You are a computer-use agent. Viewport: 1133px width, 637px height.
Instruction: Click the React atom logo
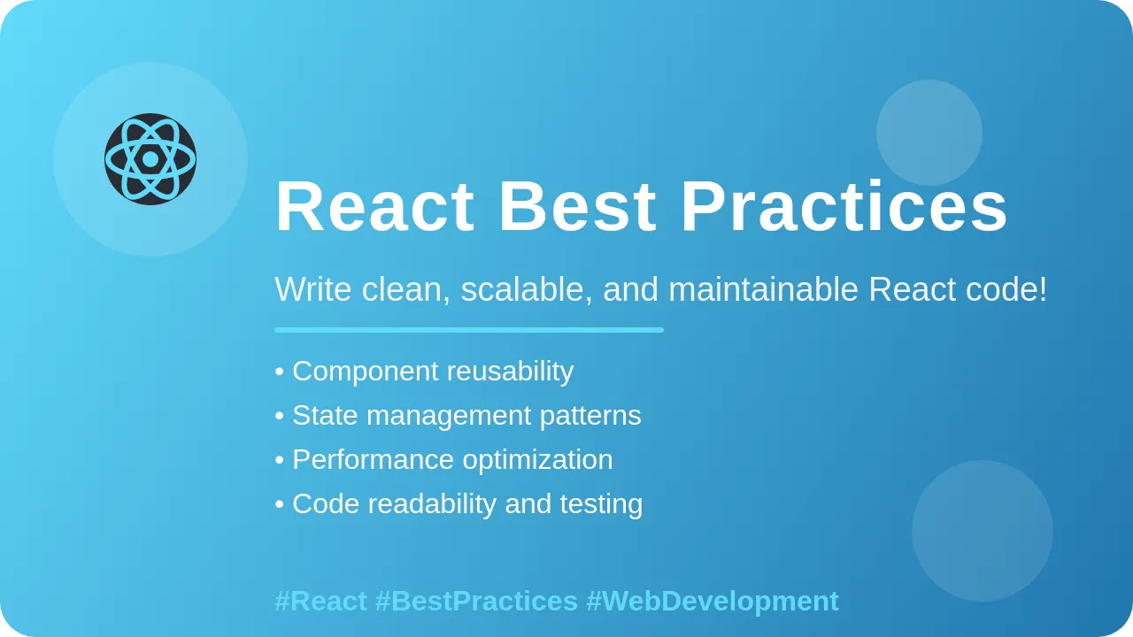coord(150,159)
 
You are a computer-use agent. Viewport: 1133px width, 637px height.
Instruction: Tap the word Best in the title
coord(577,207)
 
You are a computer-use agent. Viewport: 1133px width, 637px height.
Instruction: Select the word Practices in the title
coord(844,207)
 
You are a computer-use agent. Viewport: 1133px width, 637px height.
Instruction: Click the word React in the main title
coord(374,207)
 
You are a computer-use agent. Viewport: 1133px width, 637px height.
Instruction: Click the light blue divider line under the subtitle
coord(469,330)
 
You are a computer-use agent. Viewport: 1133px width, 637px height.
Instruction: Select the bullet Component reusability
coord(425,372)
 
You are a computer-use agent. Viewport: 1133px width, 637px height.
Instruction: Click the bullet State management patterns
coord(459,416)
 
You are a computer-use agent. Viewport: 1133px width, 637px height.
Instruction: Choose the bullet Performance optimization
coord(444,460)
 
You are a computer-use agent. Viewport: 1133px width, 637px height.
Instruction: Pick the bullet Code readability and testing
coord(459,504)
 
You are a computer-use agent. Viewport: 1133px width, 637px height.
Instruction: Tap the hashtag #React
coord(320,602)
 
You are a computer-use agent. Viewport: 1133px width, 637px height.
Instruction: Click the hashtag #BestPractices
coord(476,602)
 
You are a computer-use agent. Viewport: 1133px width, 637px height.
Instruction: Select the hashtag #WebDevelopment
coord(713,602)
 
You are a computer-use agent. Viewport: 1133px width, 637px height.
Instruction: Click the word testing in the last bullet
coord(601,504)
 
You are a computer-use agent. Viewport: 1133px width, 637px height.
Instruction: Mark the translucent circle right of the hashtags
coord(983,531)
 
